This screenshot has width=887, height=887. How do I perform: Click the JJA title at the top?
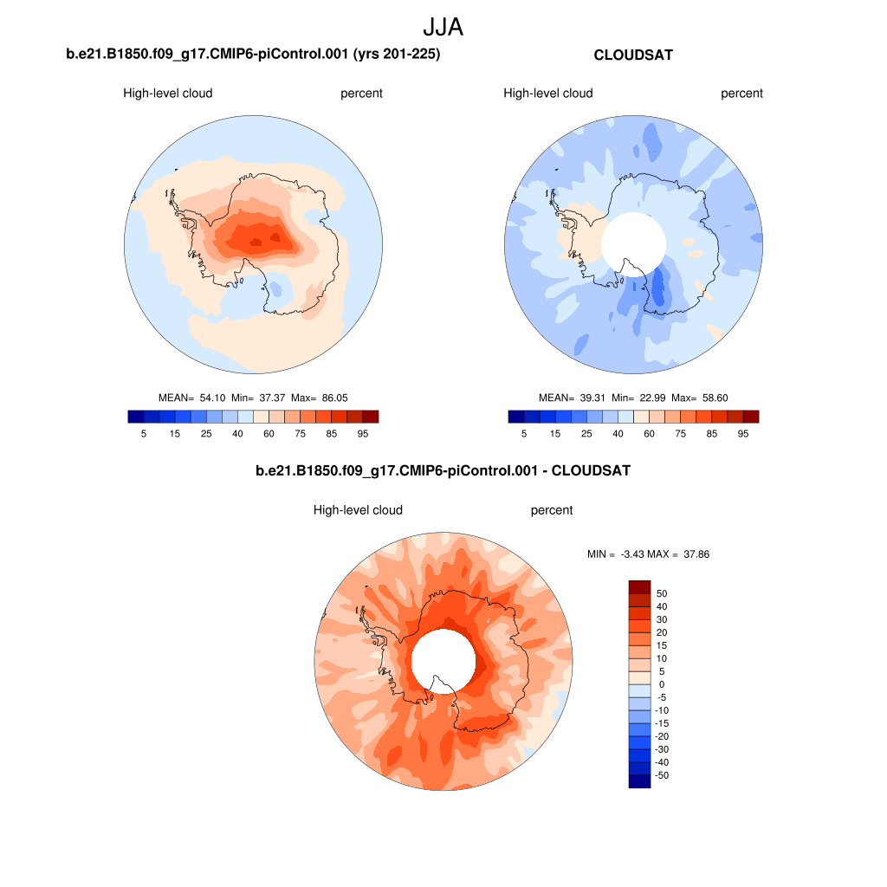tap(443, 27)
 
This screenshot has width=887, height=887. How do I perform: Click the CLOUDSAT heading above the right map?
tap(633, 55)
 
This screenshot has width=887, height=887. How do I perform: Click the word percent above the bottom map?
tap(552, 510)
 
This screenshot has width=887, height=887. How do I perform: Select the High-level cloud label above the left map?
tap(168, 94)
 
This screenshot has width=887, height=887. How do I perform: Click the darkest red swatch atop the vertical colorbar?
tap(639, 587)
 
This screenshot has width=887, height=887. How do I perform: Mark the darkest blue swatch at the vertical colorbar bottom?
tap(639, 781)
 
